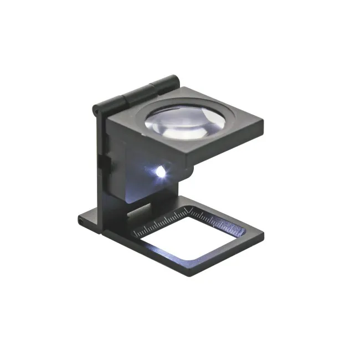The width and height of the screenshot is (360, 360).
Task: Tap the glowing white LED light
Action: [x=161, y=173]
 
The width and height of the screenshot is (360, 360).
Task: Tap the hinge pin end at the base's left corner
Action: [x=81, y=220]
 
